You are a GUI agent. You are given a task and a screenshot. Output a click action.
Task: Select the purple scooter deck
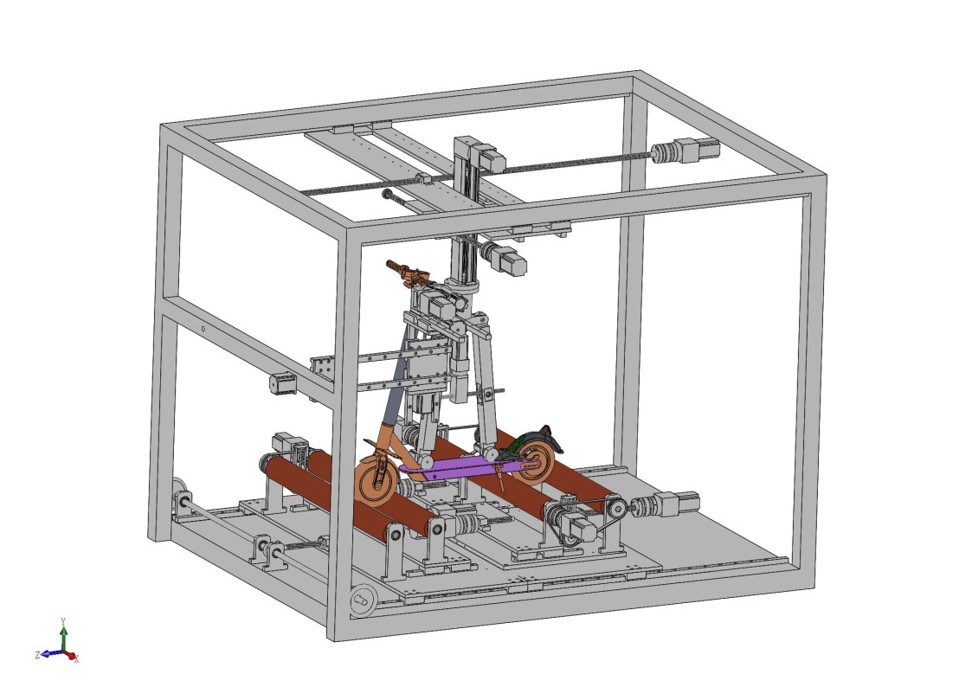(459, 468)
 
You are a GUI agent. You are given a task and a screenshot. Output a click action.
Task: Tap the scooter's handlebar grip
(395, 266)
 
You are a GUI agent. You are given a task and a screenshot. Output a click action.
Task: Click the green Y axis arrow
(63, 638)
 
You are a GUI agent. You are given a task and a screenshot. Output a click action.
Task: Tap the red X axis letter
(76, 660)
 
